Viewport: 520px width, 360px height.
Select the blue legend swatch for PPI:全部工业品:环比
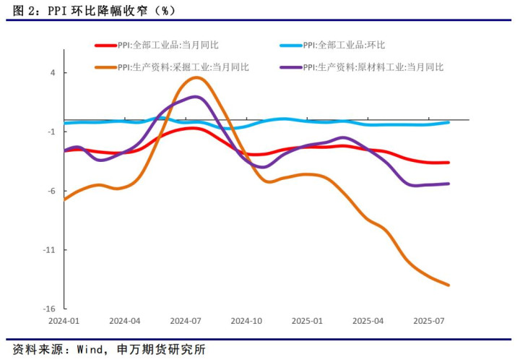pyautogui.click(x=290, y=45)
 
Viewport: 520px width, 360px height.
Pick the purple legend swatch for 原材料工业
pyautogui.click(x=290, y=67)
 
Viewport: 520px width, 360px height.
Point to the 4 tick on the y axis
pyautogui.click(x=53, y=73)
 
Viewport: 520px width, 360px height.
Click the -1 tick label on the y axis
pyautogui.click(x=51, y=132)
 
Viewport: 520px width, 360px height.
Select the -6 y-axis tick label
pyautogui.click(x=51, y=191)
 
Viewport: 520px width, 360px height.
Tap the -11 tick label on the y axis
pyautogui.click(x=49, y=250)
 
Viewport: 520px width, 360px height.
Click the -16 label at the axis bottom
pyautogui.click(x=49, y=309)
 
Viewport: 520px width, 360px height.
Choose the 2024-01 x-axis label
pyautogui.click(x=64, y=320)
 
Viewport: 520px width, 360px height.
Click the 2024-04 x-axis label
pyautogui.click(x=124, y=320)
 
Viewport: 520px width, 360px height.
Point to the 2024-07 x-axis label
pyautogui.click(x=186, y=320)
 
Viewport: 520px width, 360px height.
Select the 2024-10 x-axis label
pyautogui.click(x=247, y=320)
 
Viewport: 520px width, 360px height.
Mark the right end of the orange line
pyautogui.click(x=449, y=285)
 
